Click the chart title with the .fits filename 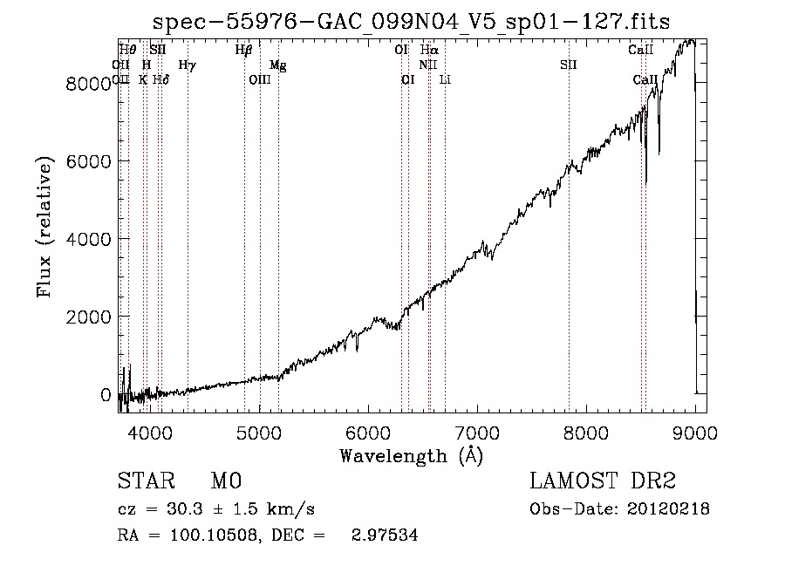click(411, 23)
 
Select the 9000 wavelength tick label click(695, 433)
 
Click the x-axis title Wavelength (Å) click(411, 455)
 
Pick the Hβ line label click(243, 51)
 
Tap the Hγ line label click(187, 65)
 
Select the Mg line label click(277, 65)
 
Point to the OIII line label click(260, 80)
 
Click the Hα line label click(429, 51)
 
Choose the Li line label click(445, 80)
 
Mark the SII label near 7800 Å click(569, 65)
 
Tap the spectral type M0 click(225, 482)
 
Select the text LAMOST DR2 click(603, 482)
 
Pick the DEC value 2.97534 click(386, 535)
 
